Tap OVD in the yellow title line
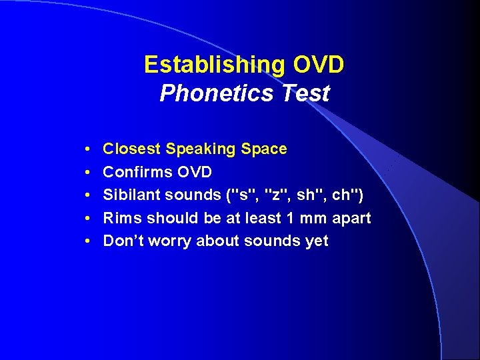(318, 65)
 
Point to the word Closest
(131, 149)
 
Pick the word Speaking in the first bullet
(197, 149)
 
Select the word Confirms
(137, 172)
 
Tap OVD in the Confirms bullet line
(194, 172)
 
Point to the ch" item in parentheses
(344, 195)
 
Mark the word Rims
(122, 218)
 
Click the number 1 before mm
(302, 218)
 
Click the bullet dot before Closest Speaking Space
(88, 149)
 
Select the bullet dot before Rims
(88, 219)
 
